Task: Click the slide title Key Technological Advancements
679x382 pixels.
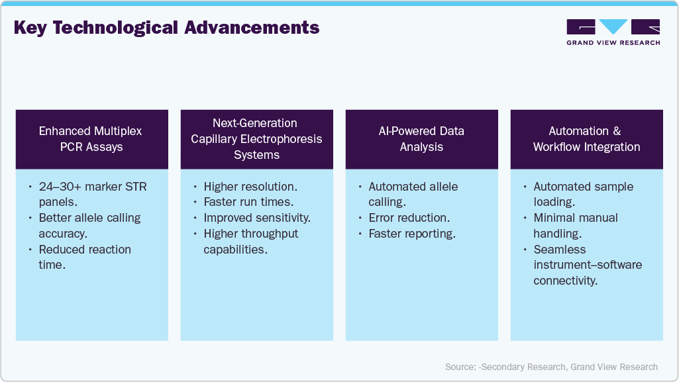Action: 166,28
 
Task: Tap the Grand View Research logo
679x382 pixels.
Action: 613,32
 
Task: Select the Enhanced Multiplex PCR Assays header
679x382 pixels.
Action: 91,138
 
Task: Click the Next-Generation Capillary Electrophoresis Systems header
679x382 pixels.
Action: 256,138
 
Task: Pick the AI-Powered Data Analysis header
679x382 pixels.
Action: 421,138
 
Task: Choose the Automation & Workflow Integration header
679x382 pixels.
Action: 586,138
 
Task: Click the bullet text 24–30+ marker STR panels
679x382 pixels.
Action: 93,194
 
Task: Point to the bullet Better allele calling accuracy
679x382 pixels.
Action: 89,225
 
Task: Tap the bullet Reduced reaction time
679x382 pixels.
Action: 85,257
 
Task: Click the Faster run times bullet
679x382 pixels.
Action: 248,202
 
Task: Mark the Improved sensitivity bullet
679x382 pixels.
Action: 257,218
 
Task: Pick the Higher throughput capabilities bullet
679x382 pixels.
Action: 251,241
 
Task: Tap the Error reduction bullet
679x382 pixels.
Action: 409,218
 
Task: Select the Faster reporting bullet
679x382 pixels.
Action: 412,234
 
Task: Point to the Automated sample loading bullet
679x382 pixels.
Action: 583,194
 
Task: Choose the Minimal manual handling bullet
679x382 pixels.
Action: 575,225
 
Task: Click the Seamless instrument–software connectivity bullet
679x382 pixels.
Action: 587,265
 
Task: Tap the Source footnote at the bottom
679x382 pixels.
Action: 551,366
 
